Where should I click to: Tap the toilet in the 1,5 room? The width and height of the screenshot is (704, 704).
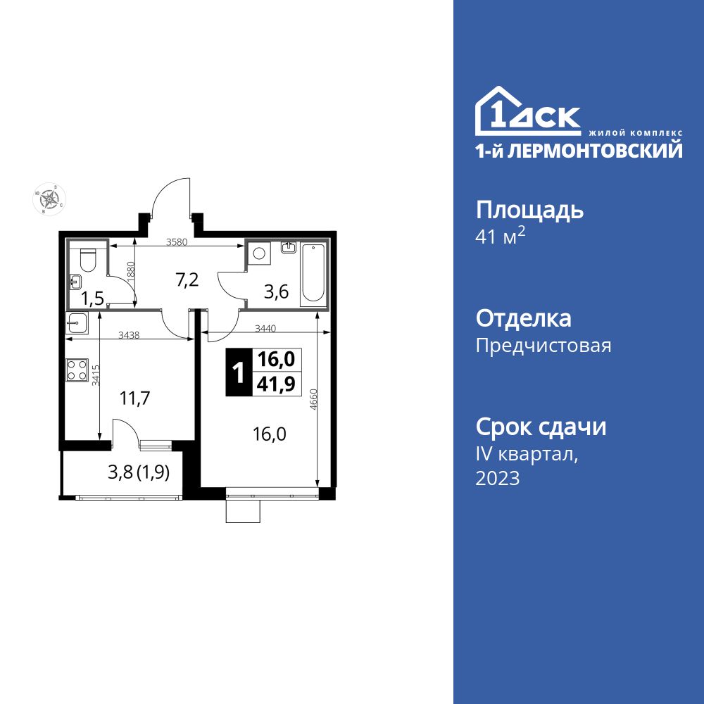tap(88, 260)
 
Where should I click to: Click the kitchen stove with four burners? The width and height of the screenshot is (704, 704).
tap(77, 370)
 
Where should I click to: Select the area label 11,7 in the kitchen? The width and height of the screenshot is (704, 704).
tap(134, 398)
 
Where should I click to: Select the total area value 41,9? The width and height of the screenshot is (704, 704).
tap(275, 384)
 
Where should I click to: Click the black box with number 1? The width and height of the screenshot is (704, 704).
tap(238, 372)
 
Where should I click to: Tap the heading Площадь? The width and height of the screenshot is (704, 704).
tap(530, 210)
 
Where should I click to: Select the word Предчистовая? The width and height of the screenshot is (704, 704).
tap(543, 346)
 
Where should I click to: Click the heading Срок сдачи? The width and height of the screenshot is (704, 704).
tap(541, 427)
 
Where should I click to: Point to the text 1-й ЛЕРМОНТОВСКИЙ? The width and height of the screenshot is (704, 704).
tap(579, 150)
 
